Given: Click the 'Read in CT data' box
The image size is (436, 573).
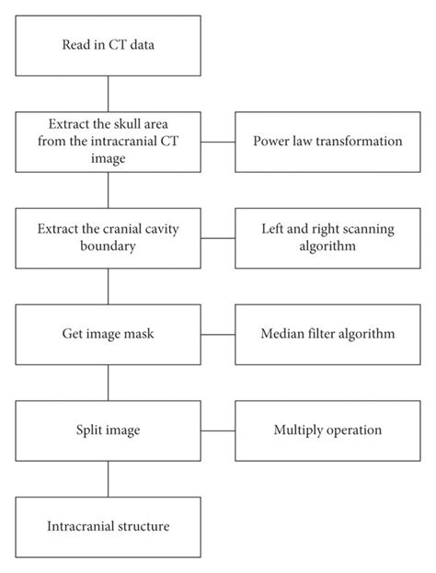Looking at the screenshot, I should pos(109,46).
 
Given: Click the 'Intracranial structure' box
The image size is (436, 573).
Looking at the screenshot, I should pos(109,525).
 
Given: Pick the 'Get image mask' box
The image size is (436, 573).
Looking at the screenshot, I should pos(109,334).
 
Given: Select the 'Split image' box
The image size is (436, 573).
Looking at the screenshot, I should pos(109,430).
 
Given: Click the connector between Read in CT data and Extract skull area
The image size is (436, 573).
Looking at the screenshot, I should pos(109,94).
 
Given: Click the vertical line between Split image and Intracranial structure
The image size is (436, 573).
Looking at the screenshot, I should pos(109,477).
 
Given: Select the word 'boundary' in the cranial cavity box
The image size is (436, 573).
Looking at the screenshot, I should pos(109,246).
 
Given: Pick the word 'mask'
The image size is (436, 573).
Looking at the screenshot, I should pos(137,334).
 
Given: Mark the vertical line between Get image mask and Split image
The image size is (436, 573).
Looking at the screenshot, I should pos(109,382).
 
